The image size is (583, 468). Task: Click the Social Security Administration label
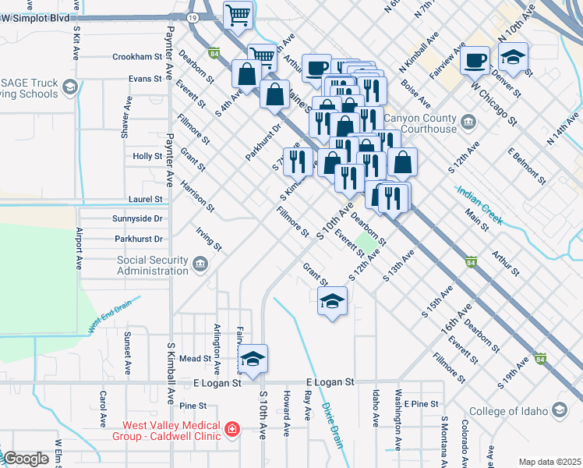[x=152, y=265]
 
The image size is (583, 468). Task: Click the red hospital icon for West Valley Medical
[x=231, y=429]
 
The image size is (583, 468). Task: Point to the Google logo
[x=26, y=459]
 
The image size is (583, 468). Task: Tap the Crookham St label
[x=136, y=57]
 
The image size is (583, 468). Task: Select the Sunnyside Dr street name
[x=136, y=219]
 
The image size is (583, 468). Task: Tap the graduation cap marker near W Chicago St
[x=514, y=58]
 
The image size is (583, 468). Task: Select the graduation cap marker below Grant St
[x=332, y=301]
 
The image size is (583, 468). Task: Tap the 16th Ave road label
[x=455, y=321]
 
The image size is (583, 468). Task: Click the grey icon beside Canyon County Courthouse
[x=468, y=121]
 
